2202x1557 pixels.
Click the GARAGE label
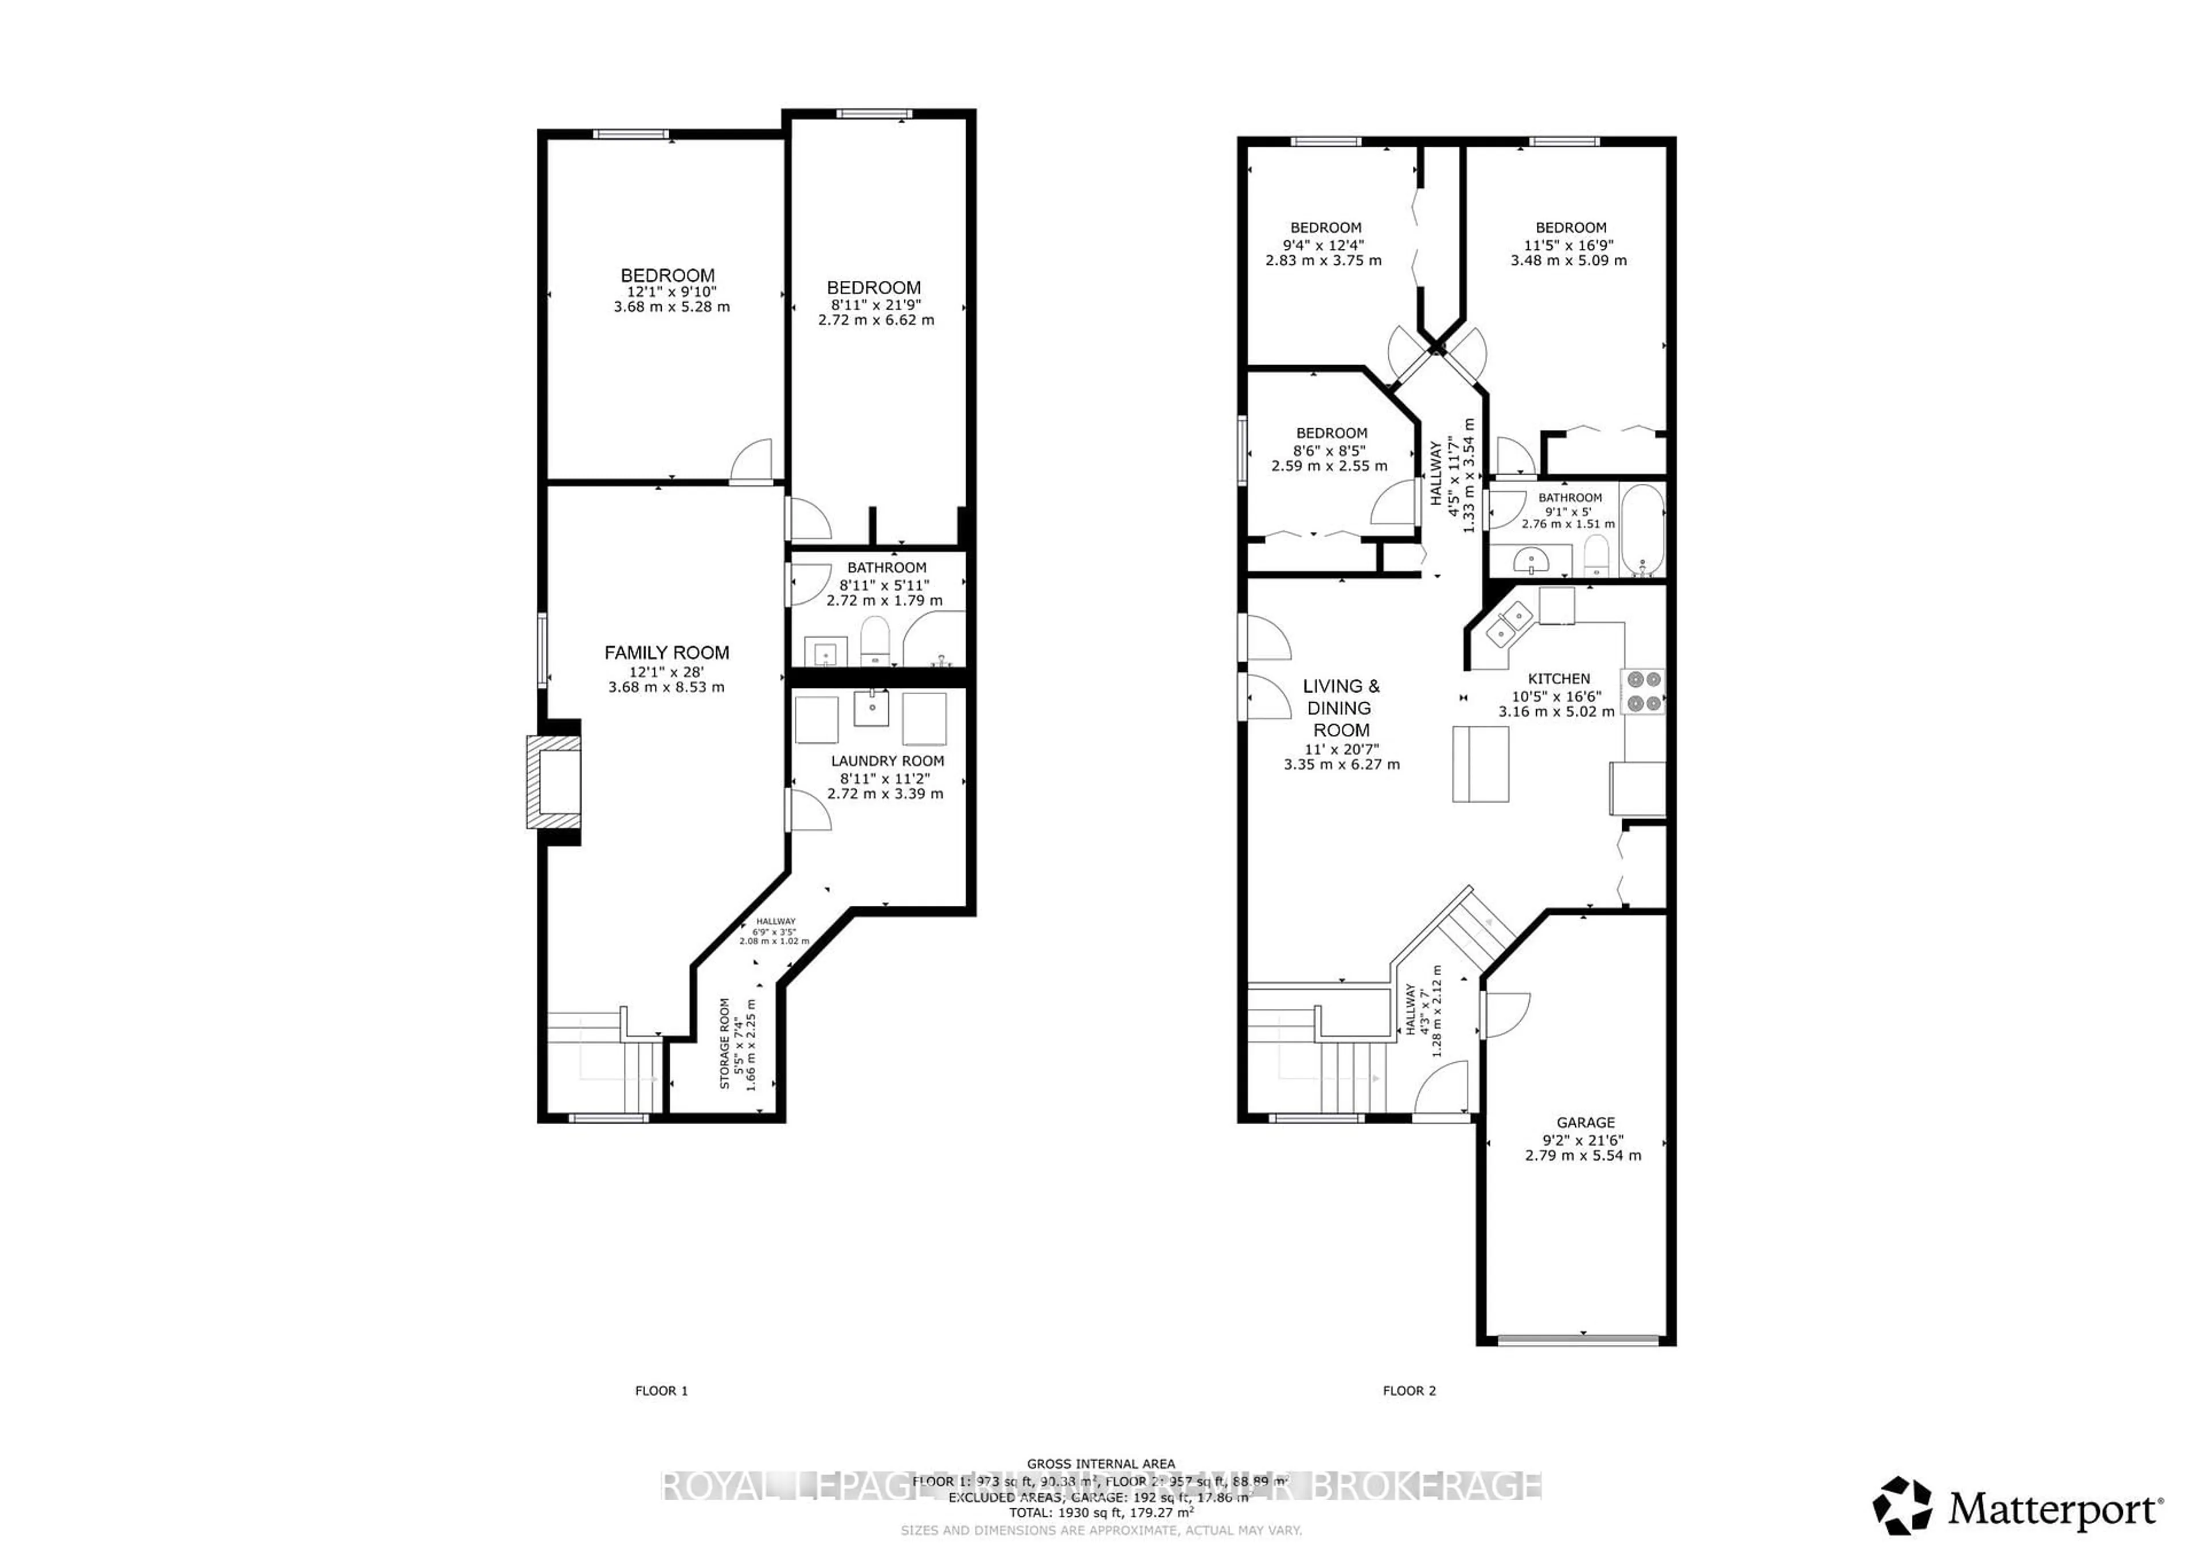tap(1586, 1122)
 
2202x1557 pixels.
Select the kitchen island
tap(1480, 764)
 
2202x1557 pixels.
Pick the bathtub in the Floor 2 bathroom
tap(1642, 530)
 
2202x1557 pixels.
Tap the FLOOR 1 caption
tap(662, 1390)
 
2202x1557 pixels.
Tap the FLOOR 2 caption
tap(1409, 1390)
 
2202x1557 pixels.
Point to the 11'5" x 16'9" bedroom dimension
tap(1570, 244)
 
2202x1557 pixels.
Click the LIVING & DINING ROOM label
tap(1341, 707)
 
